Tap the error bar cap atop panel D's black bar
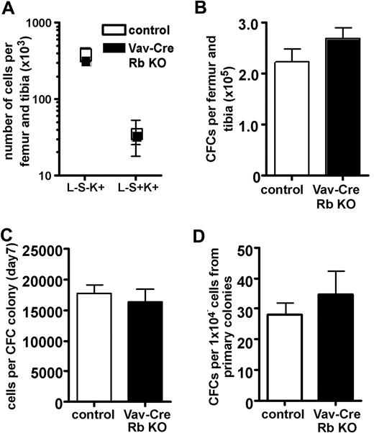tap(329, 271)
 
